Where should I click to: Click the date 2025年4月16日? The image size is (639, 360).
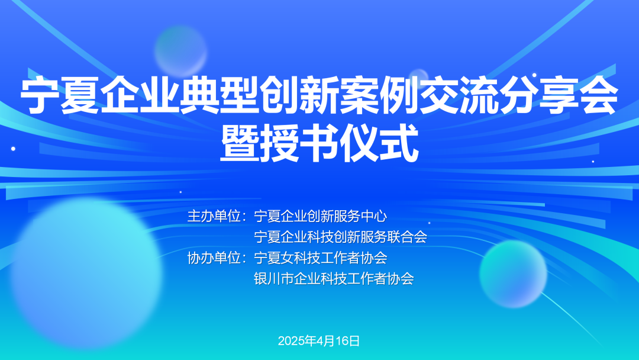319,340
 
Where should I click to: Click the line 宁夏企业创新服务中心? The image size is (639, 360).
320,216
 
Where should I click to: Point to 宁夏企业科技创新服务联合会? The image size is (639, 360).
340,237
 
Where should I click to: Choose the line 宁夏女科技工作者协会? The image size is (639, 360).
320,258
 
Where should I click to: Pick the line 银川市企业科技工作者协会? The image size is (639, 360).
334,279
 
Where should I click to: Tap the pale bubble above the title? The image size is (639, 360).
180,50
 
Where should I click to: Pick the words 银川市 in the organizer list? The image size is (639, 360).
274,279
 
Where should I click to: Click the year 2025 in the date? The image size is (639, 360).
291,340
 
